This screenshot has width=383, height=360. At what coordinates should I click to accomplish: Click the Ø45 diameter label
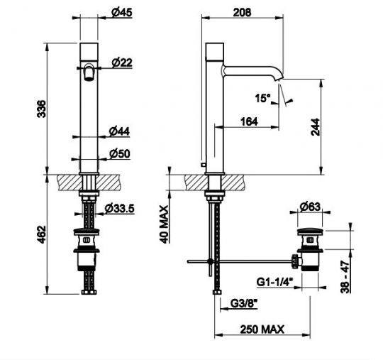coord(122,13)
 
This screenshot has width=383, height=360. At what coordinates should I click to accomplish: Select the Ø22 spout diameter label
coord(122,62)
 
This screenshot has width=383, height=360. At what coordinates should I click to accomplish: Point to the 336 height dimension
coord(41,109)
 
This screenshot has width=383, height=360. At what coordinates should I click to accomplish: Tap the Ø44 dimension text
coord(119,131)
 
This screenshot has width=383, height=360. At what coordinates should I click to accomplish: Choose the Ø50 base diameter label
coord(120,154)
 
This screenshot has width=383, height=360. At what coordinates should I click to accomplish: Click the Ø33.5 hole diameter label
coord(119,208)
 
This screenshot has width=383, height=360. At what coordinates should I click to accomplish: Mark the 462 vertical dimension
coord(41,234)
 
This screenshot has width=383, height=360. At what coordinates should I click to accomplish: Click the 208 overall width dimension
coord(242,12)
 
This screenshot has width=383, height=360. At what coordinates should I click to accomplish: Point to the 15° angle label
coord(262,98)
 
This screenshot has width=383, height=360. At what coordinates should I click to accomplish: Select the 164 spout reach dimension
coord(249,121)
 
